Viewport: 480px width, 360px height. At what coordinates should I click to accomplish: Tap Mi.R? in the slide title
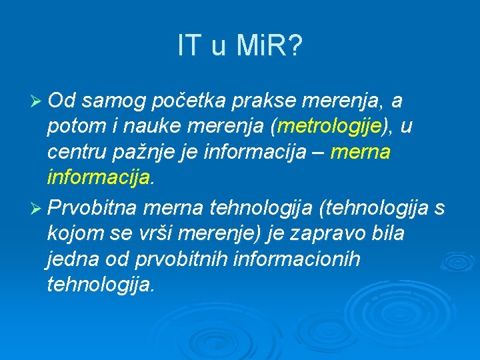[x=269, y=46]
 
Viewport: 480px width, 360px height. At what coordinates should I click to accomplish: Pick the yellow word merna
[x=360, y=153]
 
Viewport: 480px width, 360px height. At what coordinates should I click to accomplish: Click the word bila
[x=389, y=233]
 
